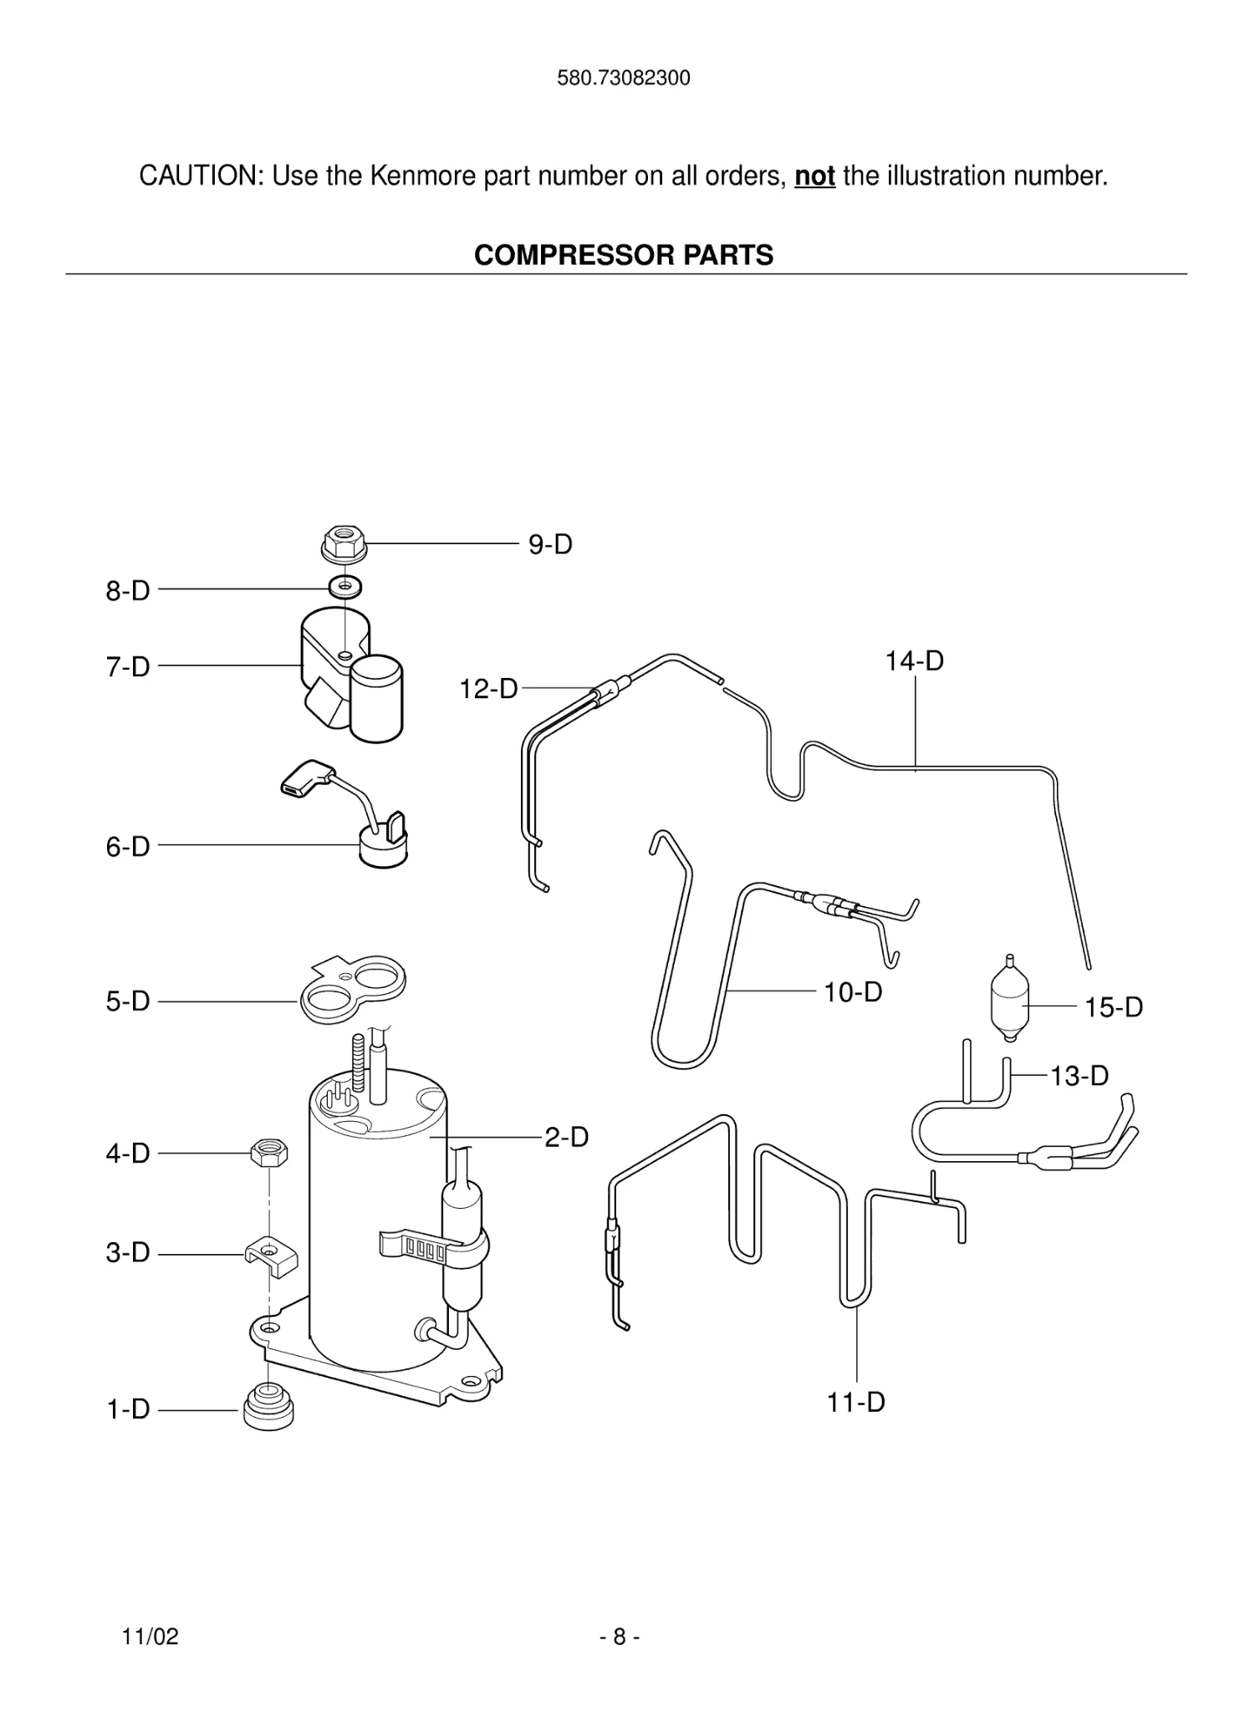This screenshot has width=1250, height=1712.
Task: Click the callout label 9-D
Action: pyautogui.click(x=550, y=545)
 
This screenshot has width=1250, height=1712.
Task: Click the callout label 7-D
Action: pyautogui.click(x=128, y=667)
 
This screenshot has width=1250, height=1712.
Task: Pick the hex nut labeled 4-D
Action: pyautogui.click(x=269, y=1154)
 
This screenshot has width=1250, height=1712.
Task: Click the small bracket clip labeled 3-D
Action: pyautogui.click(x=270, y=1256)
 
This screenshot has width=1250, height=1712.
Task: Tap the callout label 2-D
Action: pyautogui.click(x=567, y=1138)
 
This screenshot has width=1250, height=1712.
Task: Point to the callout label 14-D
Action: pyautogui.click(x=915, y=661)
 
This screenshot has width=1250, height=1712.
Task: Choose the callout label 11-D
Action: pyautogui.click(x=856, y=1402)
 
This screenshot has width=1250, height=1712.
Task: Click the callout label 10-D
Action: pyautogui.click(x=853, y=992)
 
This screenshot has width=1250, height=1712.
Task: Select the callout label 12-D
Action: pyautogui.click(x=488, y=690)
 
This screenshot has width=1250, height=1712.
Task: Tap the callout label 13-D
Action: pyautogui.click(x=1079, y=1076)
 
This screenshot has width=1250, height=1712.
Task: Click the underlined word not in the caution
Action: pyautogui.click(x=814, y=176)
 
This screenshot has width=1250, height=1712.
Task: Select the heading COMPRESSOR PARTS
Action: pyautogui.click(x=624, y=255)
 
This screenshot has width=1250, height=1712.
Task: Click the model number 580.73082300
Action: pyautogui.click(x=624, y=79)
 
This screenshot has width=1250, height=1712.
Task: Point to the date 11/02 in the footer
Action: pyautogui.click(x=151, y=1637)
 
